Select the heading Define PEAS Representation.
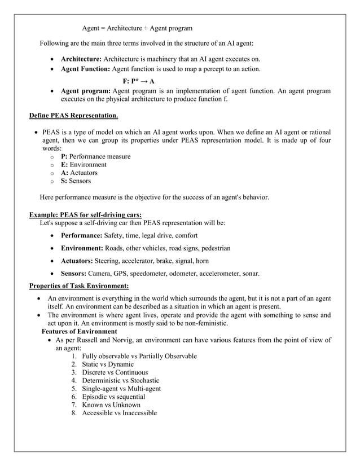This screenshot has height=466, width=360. coord(73,116)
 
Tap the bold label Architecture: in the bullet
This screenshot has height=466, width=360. coord(81,59)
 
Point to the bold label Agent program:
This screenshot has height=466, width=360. coord(86,90)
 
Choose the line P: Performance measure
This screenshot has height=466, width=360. coord(95,156)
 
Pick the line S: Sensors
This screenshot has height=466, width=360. coord(76,181)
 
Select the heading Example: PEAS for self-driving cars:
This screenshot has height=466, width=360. coord(85,214)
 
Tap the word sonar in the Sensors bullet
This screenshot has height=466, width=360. coord(250,274)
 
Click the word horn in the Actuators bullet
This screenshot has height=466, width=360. coord(202,261)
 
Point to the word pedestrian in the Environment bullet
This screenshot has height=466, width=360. coord(212,248)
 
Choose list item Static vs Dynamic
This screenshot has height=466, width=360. coord(107,364)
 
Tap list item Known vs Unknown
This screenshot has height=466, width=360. coord(111,405)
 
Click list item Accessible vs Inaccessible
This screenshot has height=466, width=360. coord(119,413)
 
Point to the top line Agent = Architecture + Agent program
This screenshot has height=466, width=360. coord(137,28)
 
